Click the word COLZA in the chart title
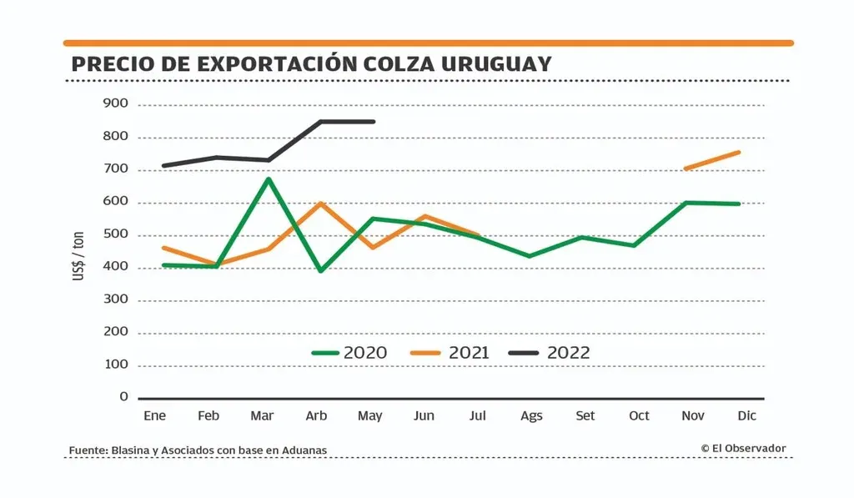click(386, 64)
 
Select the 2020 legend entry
click(349, 353)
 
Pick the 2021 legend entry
click(450, 353)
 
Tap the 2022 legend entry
click(550, 353)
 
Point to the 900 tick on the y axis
click(116, 104)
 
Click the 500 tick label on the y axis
click(116, 234)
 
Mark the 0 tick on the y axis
click(123, 397)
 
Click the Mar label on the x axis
click(261, 415)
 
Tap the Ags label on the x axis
click(531, 415)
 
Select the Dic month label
click(746, 415)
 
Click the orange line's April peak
click(320, 203)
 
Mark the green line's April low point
click(320, 271)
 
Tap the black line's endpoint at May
click(374, 122)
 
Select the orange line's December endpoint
click(739, 152)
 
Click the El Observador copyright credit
click(743, 449)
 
